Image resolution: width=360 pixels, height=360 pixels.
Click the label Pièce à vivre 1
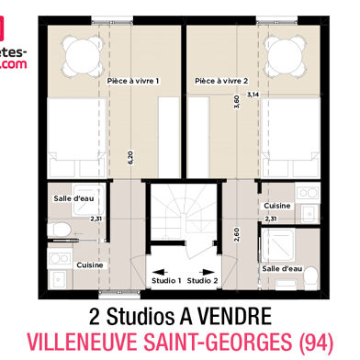pos(133,81)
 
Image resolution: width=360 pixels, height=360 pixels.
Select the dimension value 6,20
pos(130,157)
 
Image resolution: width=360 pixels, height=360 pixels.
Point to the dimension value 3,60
pos(236,102)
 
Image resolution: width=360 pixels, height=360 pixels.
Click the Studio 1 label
pos(165,280)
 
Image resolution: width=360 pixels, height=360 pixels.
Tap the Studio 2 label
pos(203,280)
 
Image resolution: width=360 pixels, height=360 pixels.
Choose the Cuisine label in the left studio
pos(89,264)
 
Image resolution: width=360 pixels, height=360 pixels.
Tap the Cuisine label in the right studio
pos(277,206)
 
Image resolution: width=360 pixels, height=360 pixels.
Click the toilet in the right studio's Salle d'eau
pos(309,275)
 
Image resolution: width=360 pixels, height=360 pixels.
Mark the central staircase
pos(184,225)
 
